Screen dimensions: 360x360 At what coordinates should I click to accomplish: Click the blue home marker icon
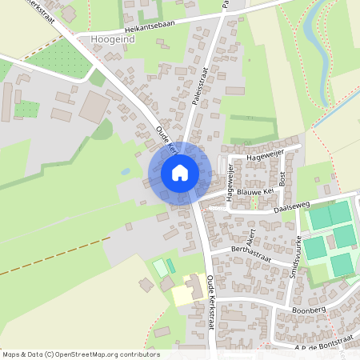coord(180,173)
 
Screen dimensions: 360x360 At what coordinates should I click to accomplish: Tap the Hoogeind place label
coord(114,38)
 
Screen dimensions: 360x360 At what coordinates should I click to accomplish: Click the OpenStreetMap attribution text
coord(81,354)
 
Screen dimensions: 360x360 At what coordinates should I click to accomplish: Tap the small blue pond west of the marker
coord(125,171)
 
